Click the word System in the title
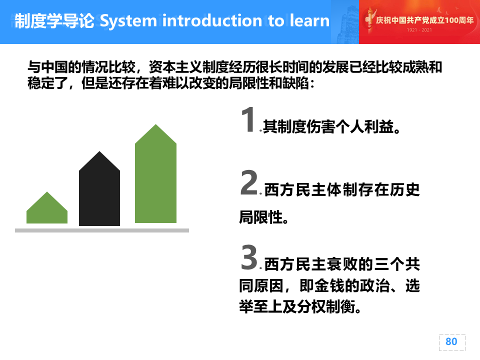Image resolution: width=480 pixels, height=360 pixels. [x=128, y=21]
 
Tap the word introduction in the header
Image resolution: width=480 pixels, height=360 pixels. [x=212, y=20]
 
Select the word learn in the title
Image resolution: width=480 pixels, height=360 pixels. [x=309, y=20]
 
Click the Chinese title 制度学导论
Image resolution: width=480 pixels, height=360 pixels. [x=54, y=21]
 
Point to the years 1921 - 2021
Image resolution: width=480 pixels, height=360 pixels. [x=419, y=30]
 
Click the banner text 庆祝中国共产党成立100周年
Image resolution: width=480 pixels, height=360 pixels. [x=424, y=20]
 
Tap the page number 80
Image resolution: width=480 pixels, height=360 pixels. [x=451, y=341]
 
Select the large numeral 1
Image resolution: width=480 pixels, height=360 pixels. [x=248, y=119]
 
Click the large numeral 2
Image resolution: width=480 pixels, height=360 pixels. [x=249, y=182]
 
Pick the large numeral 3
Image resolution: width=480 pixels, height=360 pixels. [x=249, y=257]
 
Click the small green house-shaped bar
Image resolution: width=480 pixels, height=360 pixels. [x=47, y=207]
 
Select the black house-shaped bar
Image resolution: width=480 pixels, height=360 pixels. [x=99, y=188]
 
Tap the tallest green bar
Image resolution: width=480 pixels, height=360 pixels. [x=155, y=173]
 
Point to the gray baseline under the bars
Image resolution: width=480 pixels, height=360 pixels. [x=102, y=230]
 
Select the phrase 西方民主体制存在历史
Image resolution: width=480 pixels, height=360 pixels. [x=342, y=189]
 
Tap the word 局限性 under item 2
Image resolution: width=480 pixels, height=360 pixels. [x=260, y=217]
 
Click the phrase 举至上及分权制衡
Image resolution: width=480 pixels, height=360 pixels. [x=297, y=306]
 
